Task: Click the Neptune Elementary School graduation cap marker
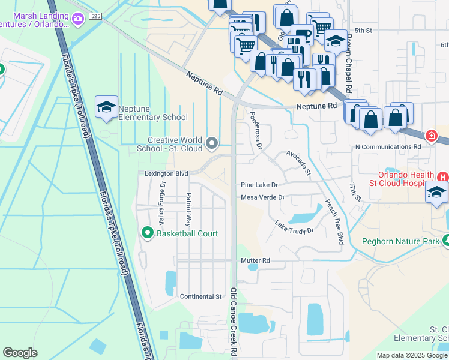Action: pos(106,107)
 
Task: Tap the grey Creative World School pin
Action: pos(211,143)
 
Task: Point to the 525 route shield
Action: pos(95,16)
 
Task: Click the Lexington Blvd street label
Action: pos(166,173)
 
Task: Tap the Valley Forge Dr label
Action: pos(161,205)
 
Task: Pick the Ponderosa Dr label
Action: pos(256,130)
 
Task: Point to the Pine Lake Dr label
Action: pos(259,185)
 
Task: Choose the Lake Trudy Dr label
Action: pos(294,227)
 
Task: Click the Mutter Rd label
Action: pos(255,261)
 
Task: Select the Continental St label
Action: pos(201,296)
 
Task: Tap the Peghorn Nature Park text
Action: pos(401,242)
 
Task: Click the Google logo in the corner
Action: pos(20,353)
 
